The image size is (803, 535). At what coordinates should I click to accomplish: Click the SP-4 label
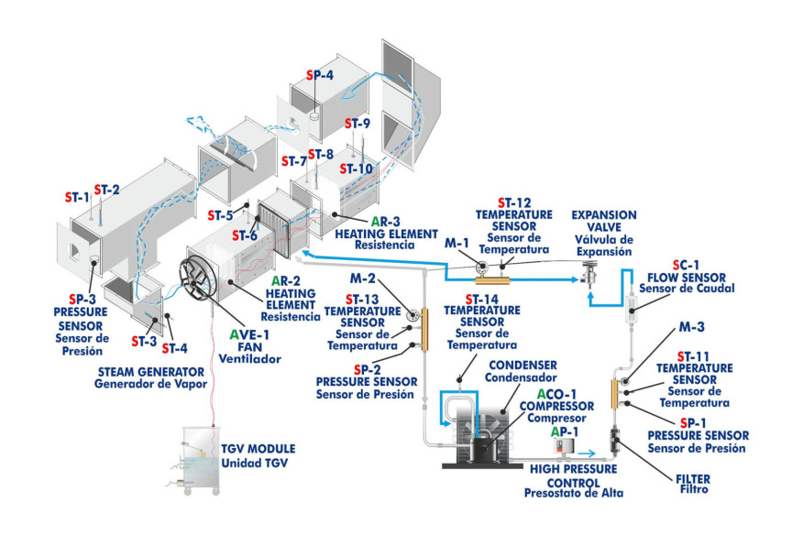coord(321,76)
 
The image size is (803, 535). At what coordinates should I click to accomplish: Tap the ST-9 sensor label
coord(357,124)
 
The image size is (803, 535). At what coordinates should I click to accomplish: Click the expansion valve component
coord(589,274)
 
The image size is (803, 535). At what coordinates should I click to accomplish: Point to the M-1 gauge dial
coord(480,267)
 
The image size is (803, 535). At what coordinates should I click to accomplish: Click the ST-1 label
coord(77,196)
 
